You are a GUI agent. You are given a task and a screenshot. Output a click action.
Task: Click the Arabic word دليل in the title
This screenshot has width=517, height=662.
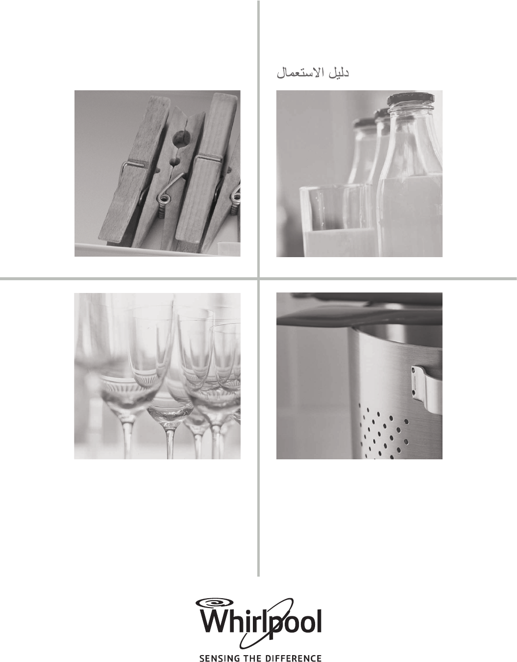coord(339,74)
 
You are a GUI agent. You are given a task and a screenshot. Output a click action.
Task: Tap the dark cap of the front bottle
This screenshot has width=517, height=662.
coord(411,99)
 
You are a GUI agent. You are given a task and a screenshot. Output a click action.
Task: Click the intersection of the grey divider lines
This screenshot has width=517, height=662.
coord(259,278)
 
